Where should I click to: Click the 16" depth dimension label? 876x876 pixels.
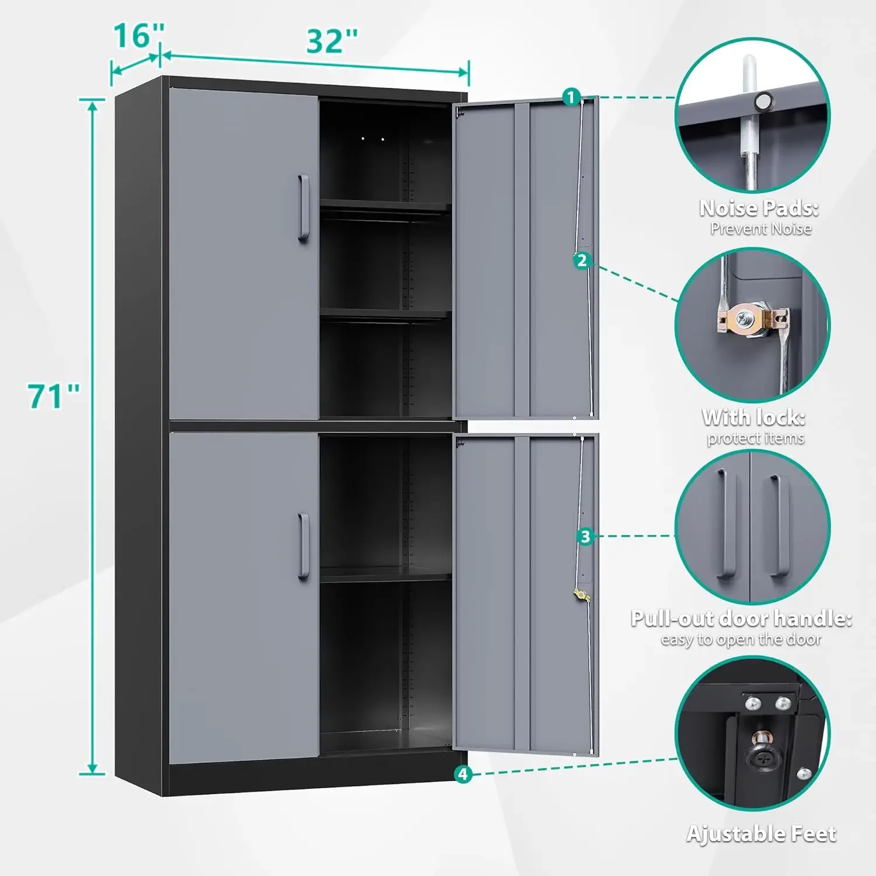(139, 36)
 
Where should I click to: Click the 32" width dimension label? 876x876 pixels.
(332, 41)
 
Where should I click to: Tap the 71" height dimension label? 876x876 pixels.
(54, 397)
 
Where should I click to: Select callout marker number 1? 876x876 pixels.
(571, 97)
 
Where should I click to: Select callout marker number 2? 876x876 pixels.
(582, 260)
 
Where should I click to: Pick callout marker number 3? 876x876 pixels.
(585, 537)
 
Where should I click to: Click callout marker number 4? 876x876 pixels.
(463, 774)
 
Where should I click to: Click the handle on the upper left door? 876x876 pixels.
(303, 208)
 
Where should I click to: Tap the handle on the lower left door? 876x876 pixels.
(303, 546)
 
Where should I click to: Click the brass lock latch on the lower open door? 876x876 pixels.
(581, 595)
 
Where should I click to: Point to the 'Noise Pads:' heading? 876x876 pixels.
(759, 208)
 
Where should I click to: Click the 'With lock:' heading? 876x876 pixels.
(754, 418)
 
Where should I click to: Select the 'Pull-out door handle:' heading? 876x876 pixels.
(741, 618)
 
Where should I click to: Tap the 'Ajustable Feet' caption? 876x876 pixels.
(761, 834)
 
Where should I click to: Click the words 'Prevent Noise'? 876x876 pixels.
(760, 229)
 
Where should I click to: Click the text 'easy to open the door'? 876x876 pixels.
(741, 640)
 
